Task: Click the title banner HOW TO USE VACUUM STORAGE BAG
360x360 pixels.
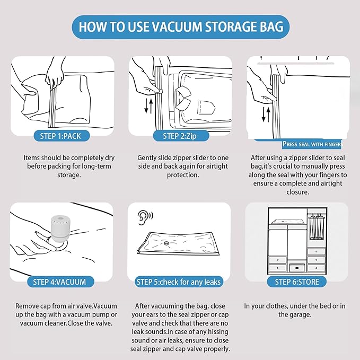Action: coord(180,26)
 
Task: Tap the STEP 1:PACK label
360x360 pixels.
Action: coord(61,136)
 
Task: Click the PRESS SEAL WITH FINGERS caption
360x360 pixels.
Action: coord(313,144)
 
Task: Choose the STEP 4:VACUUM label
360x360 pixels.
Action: coord(59,282)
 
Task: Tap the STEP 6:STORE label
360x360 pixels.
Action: coord(297,282)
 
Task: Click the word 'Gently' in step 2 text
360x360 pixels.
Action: coord(148,157)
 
